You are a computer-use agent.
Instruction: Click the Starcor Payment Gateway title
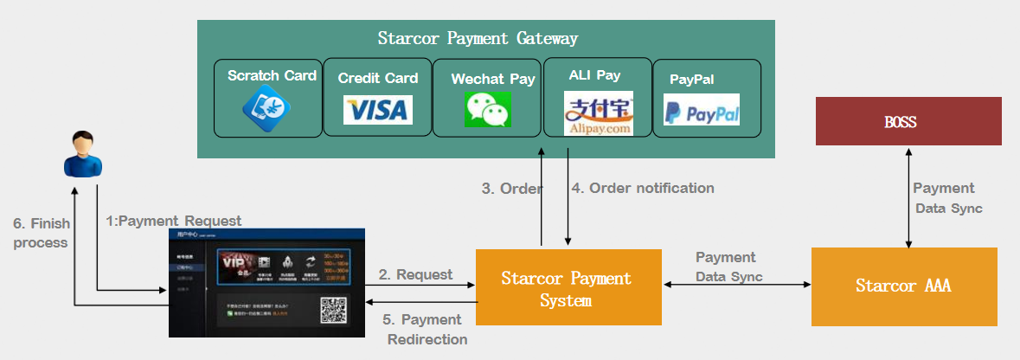pos(478,39)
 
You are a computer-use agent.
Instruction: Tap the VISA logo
pos(378,110)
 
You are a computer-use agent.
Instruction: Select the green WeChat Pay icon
pos(488,110)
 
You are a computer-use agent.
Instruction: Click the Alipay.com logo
pos(599,113)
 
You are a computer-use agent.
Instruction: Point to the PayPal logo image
pos(702,111)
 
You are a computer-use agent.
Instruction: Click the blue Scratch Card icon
pos(266,109)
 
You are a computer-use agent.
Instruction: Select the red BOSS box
pos(908,121)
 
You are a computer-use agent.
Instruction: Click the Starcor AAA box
pos(903,286)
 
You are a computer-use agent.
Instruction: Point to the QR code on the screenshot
pos(333,311)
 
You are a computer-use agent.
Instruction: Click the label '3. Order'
pos(512,189)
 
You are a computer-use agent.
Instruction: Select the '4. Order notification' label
pos(643,188)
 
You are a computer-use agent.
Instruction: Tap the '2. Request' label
pos(414,274)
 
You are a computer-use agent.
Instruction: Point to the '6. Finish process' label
pos(41,233)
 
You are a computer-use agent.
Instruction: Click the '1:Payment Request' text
pos(174,221)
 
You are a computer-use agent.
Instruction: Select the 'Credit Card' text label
pos(378,78)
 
